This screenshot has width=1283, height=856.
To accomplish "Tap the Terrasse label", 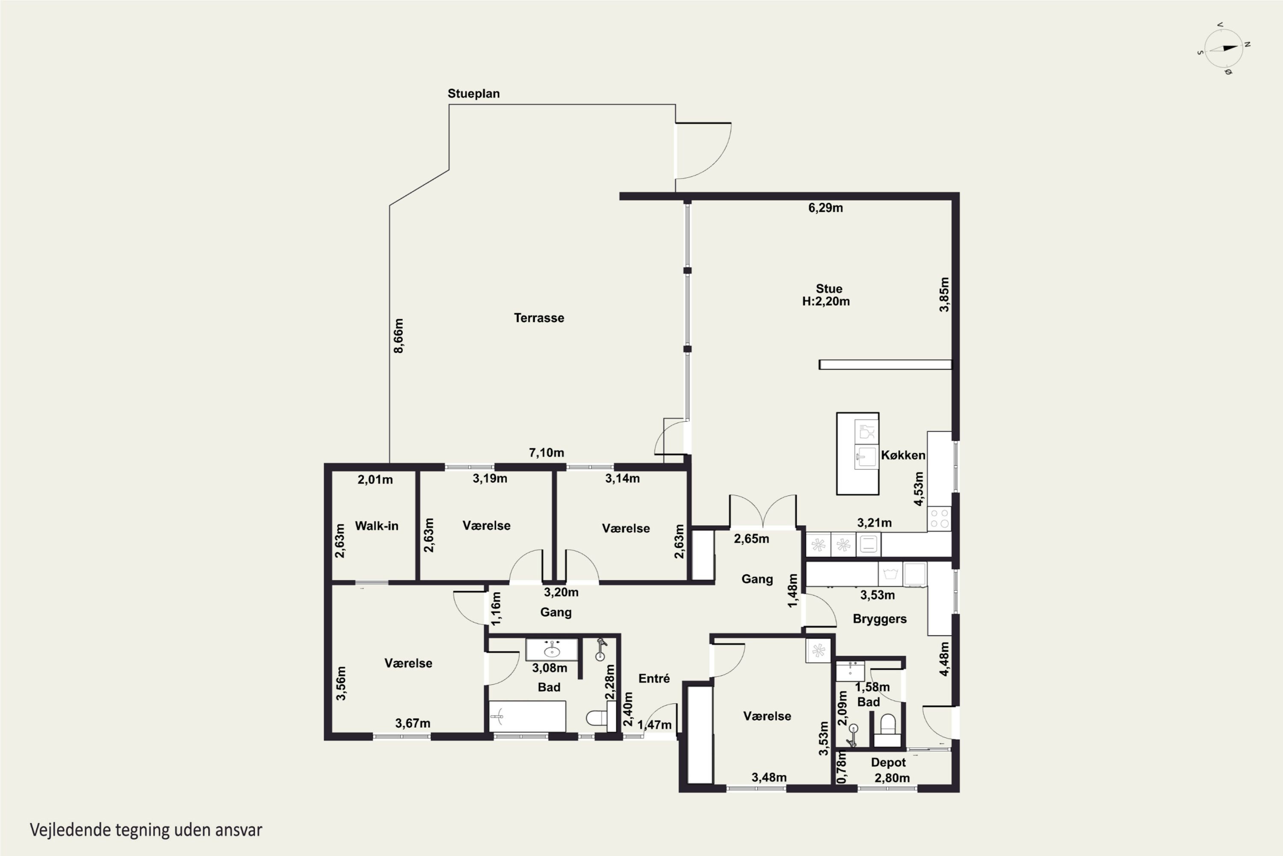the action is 539,318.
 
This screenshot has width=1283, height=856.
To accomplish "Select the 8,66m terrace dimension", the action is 399,336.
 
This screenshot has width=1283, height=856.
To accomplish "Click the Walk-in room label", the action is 376,526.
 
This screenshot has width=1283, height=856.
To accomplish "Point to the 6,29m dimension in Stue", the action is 825,208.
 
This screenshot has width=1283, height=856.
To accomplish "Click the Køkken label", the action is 903,455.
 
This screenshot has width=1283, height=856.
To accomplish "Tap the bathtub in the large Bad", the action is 527,716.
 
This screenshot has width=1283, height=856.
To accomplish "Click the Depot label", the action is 888,762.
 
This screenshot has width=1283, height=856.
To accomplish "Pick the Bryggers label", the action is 879,618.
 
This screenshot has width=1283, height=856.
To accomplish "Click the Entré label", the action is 653,678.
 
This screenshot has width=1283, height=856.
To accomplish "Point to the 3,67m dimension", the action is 412,723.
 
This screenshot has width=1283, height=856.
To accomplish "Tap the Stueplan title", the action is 473,93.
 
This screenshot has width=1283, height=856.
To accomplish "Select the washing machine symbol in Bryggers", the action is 890,574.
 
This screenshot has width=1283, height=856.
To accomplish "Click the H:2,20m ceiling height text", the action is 826,301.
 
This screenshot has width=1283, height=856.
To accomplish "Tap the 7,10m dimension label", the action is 546,452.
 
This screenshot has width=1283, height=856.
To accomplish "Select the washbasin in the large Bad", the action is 552,650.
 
